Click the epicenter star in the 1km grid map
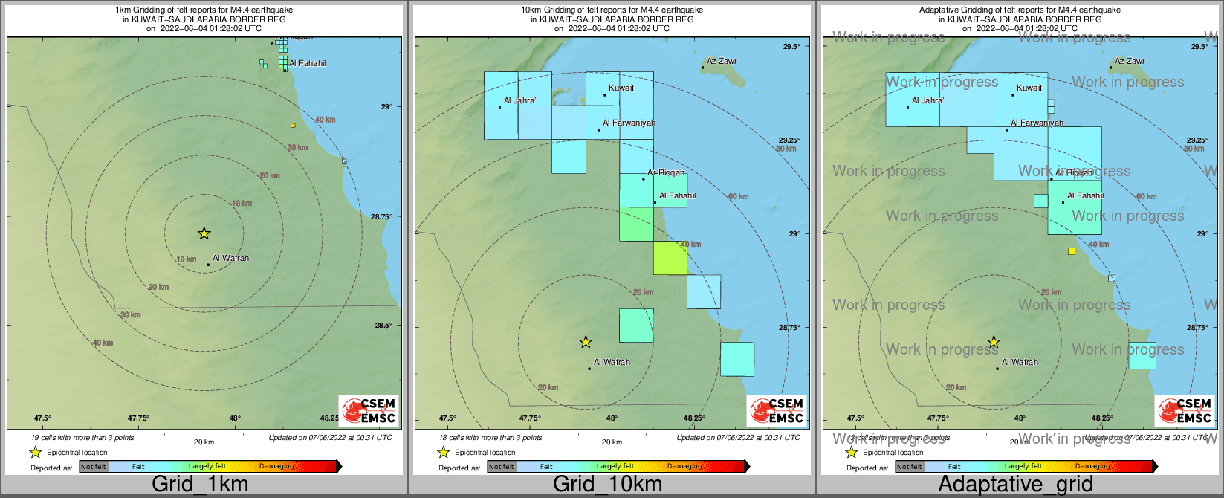click(x=204, y=233)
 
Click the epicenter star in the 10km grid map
click(x=586, y=342)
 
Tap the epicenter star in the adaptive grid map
click(x=994, y=342)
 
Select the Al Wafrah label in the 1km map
click(x=230, y=259)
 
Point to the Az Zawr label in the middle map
click(x=722, y=62)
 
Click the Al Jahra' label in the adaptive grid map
click(x=927, y=101)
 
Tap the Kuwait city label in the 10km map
click(x=621, y=88)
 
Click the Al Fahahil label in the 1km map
click(x=307, y=64)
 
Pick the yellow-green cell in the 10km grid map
click(x=670, y=258)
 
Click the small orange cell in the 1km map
click(x=293, y=125)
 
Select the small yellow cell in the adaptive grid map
click(x=1071, y=251)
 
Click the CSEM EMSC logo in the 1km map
click(x=369, y=410)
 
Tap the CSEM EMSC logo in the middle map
click(x=777, y=410)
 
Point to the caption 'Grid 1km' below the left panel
click(x=200, y=485)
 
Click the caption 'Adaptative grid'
click(x=1015, y=485)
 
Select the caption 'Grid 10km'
click(x=607, y=485)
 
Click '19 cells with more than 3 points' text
click(x=82, y=438)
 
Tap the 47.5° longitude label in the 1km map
click(x=42, y=418)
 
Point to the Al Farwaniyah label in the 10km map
click(x=629, y=123)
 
